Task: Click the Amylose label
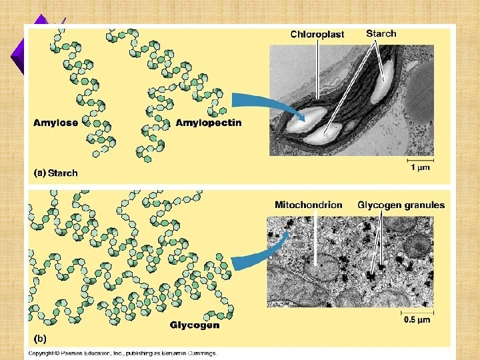tap(55, 123)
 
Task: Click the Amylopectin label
tap(209, 123)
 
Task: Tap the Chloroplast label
tap(317, 35)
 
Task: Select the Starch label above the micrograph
tap(381, 33)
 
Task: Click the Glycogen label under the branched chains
tap(195, 325)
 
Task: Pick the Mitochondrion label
tap(309, 205)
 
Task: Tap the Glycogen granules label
tap(401, 205)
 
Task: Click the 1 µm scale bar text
tap(420, 168)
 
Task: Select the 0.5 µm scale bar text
tap(417, 320)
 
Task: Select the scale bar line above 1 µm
tap(420, 160)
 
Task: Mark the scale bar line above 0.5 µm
tap(417, 311)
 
